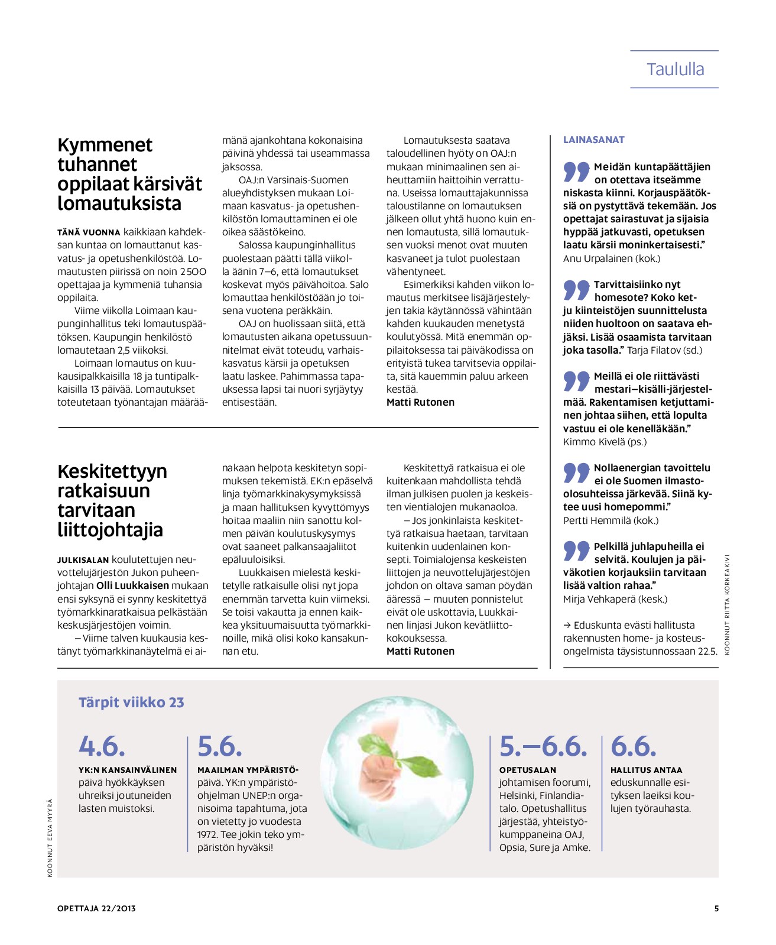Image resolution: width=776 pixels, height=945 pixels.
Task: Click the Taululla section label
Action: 675,69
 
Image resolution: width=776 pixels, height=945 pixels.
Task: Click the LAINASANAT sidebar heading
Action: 593,140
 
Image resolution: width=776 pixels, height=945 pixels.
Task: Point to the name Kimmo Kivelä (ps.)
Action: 605,442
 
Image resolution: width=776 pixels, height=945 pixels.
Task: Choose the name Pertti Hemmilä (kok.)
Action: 611,520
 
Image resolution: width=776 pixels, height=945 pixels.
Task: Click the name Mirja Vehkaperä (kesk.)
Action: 615,599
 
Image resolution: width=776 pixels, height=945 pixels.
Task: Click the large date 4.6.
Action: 102,746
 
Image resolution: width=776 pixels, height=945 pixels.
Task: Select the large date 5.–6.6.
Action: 543,746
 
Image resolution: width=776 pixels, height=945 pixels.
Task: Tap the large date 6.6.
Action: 633,746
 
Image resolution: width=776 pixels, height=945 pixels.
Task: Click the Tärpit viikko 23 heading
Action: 131,703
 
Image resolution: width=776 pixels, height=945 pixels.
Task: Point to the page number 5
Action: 716,908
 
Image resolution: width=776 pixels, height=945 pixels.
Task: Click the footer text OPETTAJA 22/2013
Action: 96,908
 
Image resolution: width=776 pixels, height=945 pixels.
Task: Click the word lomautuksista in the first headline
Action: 119,203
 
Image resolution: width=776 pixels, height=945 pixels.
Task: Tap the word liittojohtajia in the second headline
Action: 110,530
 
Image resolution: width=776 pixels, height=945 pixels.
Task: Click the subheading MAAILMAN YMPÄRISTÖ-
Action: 248,770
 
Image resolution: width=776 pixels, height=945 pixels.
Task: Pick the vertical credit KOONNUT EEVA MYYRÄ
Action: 50,838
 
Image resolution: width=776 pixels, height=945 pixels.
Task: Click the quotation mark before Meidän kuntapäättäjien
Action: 576,171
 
